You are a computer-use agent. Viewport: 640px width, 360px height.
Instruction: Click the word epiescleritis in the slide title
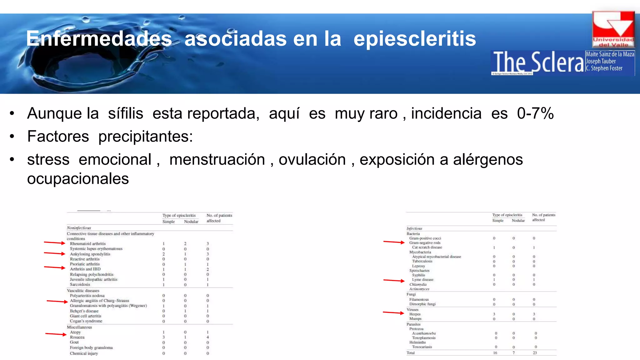point(415,39)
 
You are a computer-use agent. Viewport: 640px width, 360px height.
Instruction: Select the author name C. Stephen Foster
point(604,68)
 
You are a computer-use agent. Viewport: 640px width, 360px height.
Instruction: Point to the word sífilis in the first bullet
point(126,113)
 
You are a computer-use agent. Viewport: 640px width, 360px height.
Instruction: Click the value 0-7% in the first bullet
point(535,113)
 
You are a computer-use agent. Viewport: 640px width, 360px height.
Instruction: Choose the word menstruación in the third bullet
point(217,160)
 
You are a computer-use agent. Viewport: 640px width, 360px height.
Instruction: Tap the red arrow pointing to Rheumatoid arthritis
point(55,243)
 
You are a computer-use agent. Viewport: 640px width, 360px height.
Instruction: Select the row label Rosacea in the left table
point(77,337)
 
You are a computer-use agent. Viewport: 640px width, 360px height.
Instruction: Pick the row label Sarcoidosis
point(80,285)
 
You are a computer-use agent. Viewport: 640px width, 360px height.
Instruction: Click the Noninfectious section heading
point(79,228)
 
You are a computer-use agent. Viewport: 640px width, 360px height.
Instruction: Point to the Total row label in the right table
point(411,353)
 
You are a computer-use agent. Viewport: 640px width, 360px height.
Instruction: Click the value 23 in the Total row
point(535,353)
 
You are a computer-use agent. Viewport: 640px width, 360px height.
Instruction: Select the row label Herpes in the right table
point(415,314)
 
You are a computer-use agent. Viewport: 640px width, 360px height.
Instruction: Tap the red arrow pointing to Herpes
point(393,312)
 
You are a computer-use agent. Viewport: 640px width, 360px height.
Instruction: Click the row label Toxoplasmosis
point(424,338)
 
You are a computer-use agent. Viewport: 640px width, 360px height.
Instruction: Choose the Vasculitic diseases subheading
point(83,291)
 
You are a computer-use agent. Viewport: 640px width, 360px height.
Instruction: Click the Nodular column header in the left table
point(191,222)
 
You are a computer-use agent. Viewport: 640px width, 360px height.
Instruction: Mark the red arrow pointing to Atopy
point(56,334)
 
